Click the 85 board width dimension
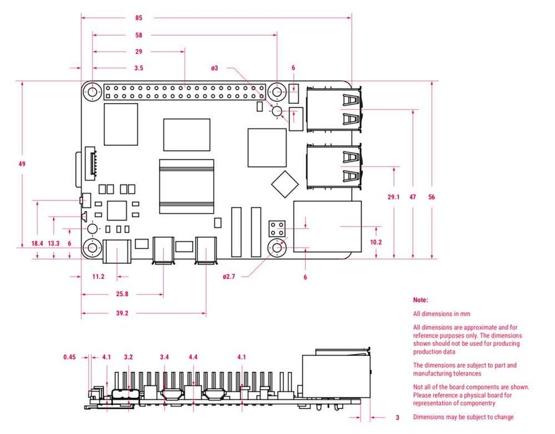click(138, 18)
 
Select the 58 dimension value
click(138, 35)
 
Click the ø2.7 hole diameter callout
click(229, 277)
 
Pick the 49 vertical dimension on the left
click(22, 164)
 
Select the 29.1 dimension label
click(393, 197)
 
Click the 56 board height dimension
click(431, 197)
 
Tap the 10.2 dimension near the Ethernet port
click(375, 243)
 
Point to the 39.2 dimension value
click(122, 314)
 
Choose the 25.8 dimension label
click(122, 294)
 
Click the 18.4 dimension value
click(37, 243)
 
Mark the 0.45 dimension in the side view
click(70, 357)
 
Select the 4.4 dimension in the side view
click(193, 357)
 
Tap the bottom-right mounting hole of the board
click(277, 248)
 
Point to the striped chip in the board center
click(186, 186)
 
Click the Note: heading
click(421, 300)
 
